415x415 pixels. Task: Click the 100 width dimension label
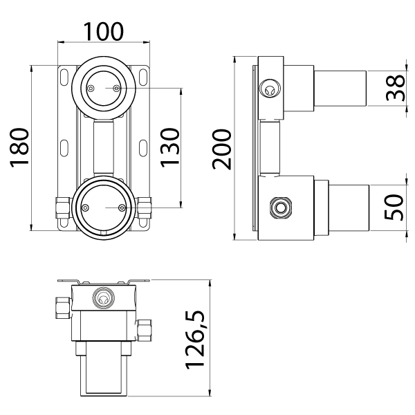[104, 31]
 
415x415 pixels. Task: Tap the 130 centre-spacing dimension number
[170, 146]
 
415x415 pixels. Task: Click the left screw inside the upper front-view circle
[91, 88]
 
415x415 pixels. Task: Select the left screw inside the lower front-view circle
[86, 207]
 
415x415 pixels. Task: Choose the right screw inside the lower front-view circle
[121, 207]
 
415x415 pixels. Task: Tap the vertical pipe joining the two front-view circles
[103, 147]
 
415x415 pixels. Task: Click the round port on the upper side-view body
[270, 87]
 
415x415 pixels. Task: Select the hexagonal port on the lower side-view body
[281, 206]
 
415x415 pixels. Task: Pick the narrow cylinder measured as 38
[339, 87]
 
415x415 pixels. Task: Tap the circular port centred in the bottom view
[103, 299]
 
